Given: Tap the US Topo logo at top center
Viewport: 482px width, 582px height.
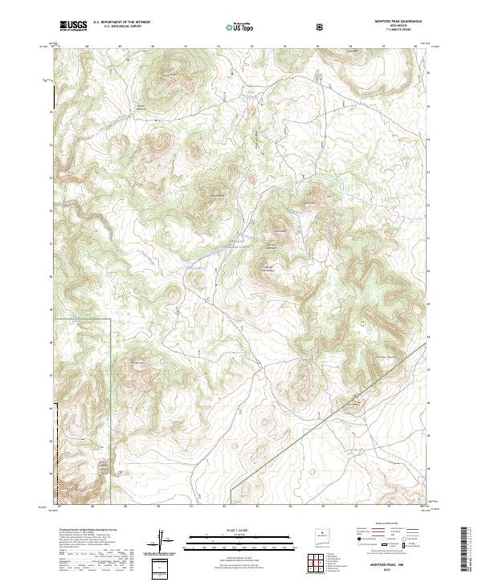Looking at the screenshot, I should pos(241,26).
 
